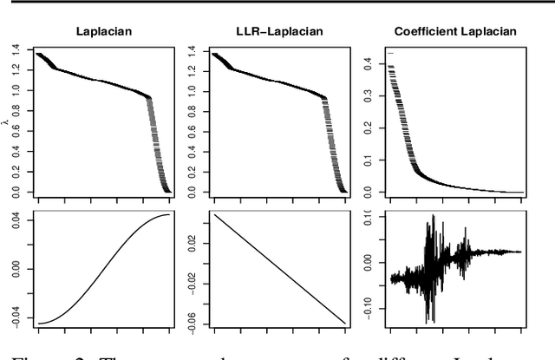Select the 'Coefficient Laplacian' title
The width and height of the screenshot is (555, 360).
point(455,32)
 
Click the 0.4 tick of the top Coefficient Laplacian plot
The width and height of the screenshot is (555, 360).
point(368,63)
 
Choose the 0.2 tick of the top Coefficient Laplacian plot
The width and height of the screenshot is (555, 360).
point(368,128)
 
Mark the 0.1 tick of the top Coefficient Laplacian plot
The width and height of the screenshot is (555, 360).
point(368,160)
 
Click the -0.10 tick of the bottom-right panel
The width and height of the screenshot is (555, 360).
point(368,306)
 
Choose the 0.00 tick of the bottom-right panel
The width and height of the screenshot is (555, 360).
point(368,260)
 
